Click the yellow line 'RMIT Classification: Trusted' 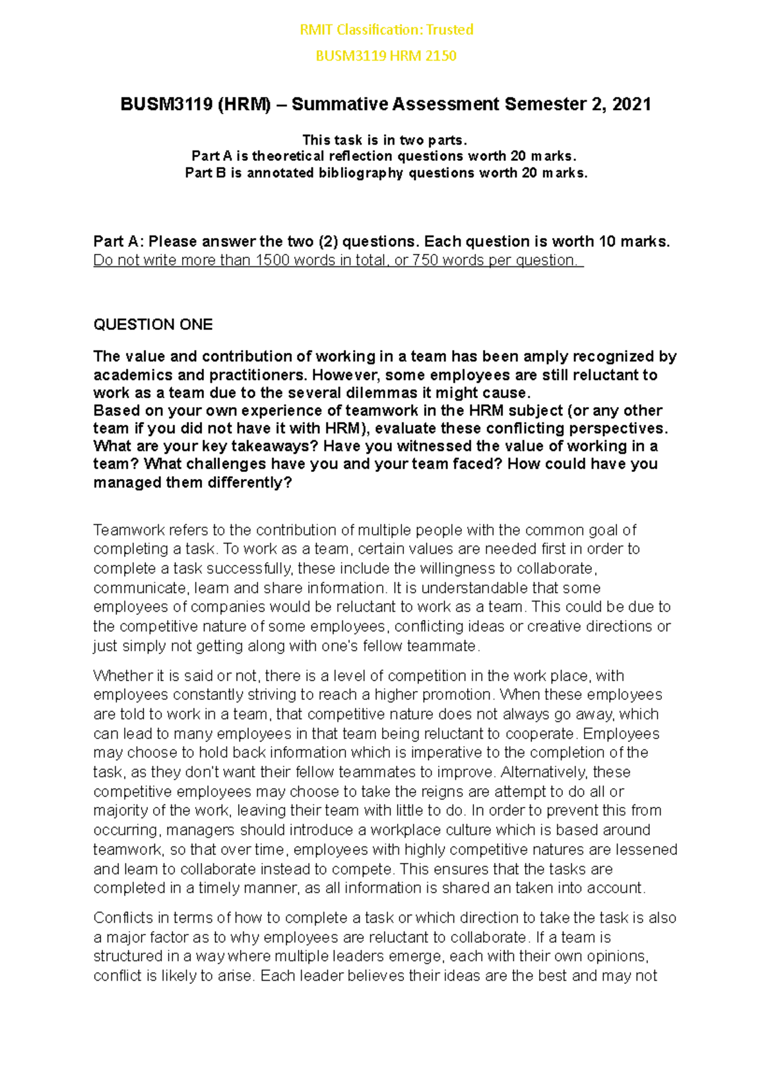click(x=386, y=30)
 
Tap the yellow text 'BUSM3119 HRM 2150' click(x=386, y=56)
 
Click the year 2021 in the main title click(x=631, y=104)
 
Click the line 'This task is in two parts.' click(x=385, y=140)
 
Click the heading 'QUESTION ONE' click(x=152, y=325)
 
